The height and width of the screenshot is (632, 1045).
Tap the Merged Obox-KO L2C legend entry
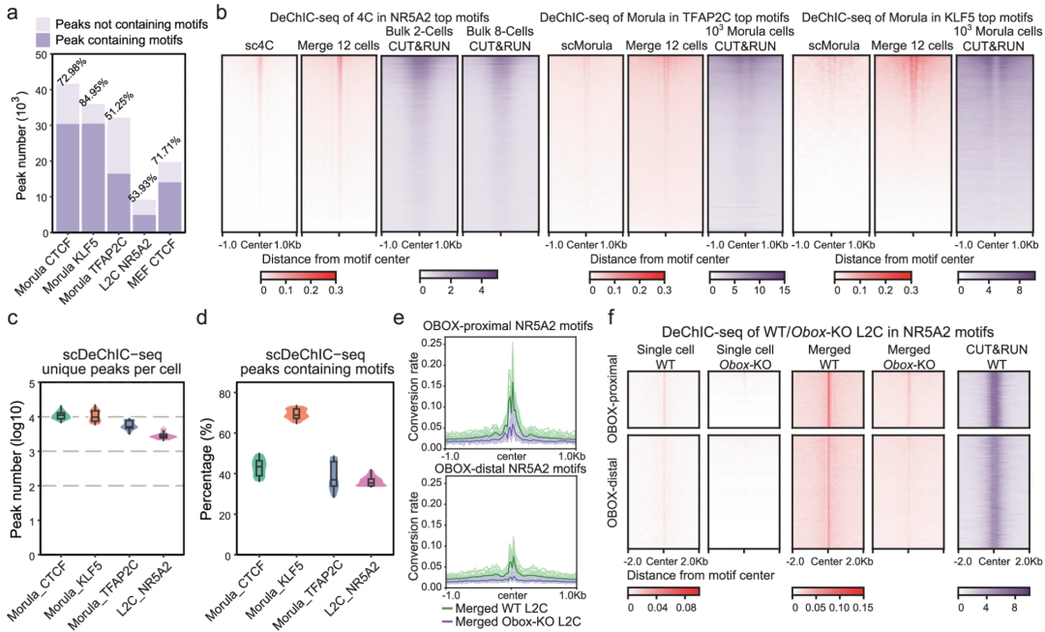pos(510,620)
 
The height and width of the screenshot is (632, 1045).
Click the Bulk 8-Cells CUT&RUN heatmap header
pos(499,40)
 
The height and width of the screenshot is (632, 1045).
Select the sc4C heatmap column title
pos(258,46)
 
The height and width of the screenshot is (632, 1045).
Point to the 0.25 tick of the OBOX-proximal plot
pos(430,344)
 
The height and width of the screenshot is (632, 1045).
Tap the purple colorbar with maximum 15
pos(747,275)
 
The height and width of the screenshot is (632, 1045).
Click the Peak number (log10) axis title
pos(17,470)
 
